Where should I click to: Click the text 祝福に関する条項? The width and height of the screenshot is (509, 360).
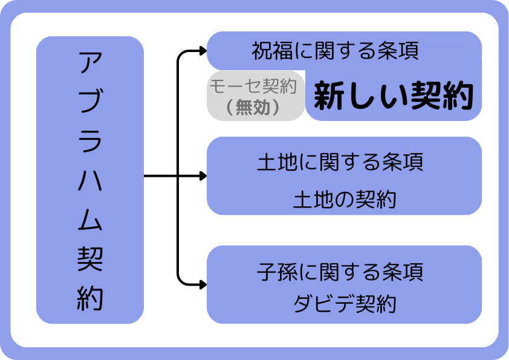pyautogui.click(x=336, y=51)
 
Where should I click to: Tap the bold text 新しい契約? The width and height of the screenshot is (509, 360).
pyautogui.click(x=393, y=96)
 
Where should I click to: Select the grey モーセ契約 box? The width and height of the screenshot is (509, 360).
pyautogui.click(x=255, y=96)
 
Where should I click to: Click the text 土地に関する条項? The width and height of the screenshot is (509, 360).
pyautogui.click(x=340, y=163)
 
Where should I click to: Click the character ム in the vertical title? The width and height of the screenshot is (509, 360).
pyautogui.click(x=90, y=220)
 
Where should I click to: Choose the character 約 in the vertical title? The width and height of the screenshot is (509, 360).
pyautogui.click(x=90, y=298)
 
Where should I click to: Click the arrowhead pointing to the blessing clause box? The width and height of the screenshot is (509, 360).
pyautogui.click(x=202, y=51)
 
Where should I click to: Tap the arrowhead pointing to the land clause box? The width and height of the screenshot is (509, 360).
pyautogui.click(x=202, y=176)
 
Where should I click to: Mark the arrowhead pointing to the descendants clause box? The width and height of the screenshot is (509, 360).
pyautogui.click(x=202, y=283)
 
